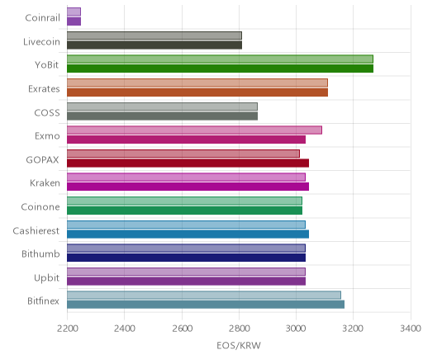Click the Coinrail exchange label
click(42, 18)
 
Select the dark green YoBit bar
click(220, 69)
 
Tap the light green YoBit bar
click(220, 59)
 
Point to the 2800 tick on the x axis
click(239, 329)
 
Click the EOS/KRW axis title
click(239, 345)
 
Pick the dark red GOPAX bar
click(188, 163)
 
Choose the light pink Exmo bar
click(194, 130)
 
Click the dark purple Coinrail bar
click(74, 21)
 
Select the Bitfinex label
click(43, 301)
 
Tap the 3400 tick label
click(411, 329)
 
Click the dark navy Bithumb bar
click(186, 258)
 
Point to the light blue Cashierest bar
click(186, 225)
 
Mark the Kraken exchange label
click(45, 183)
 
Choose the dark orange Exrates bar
click(197, 92)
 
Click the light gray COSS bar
click(162, 107)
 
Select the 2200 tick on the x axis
click(67, 329)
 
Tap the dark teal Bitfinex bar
click(206, 305)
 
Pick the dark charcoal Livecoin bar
click(154, 45)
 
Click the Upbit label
click(46, 278)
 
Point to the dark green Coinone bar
click(184, 211)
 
